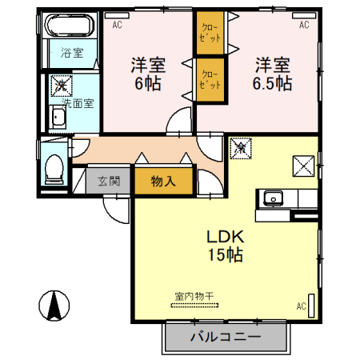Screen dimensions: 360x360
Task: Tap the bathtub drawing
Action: pos(69,30)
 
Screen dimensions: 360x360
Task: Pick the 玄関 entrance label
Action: pos(109,181)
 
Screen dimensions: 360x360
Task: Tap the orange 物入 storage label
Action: pos(162,181)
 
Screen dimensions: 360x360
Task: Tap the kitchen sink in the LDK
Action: pos(273,198)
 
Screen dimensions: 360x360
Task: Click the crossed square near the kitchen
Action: pos(304,166)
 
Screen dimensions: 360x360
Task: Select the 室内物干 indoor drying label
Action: pos(194,296)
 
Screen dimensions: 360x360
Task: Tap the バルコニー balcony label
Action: pos(225,337)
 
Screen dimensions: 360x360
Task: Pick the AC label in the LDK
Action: pos(301,306)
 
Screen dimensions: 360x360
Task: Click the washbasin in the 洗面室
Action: pos(58,120)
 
